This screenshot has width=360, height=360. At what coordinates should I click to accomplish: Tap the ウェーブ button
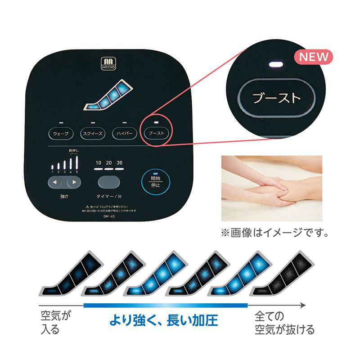(61, 134)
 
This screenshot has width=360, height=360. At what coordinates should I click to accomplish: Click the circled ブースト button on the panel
(156, 134)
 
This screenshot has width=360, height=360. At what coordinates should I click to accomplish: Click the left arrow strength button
(55, 182)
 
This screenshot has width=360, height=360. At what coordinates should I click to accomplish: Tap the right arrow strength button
(73, 182)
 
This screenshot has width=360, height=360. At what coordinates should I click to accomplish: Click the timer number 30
(119, 163)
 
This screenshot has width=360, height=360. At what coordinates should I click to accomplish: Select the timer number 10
(98, 163)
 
